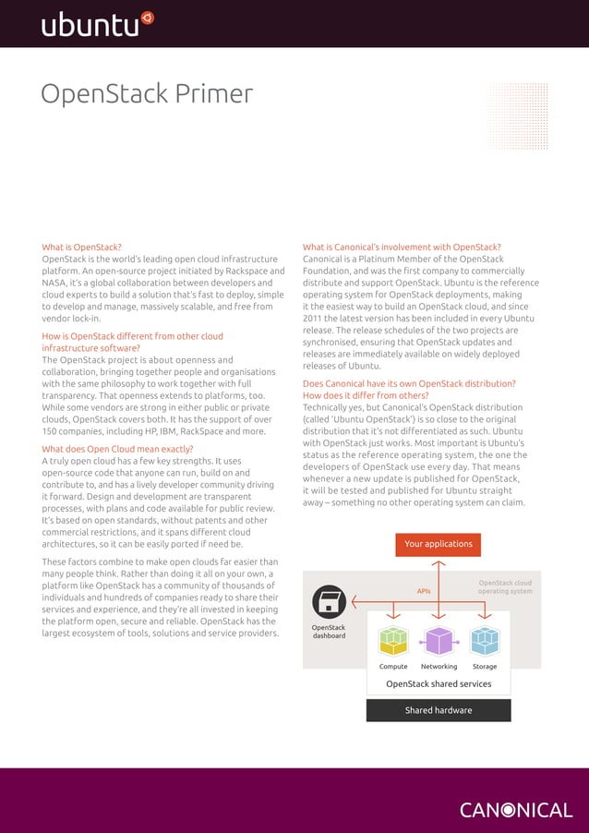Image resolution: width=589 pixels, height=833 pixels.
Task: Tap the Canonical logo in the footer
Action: point(516,810)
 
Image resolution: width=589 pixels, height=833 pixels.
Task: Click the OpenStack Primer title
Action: point(147,94)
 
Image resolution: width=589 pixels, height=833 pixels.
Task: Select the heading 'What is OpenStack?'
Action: point(81,247)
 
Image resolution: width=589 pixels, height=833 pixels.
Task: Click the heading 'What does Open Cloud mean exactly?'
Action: point(117,449)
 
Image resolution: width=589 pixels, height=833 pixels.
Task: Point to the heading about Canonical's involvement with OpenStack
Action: point(402,247)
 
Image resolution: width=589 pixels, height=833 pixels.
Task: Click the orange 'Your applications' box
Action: point(439,545)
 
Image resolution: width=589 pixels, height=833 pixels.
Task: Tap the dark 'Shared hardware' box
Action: point(439,710)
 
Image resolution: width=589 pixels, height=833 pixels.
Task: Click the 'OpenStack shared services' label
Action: point(439,684)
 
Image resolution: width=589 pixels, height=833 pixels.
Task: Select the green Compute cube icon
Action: point(393,640)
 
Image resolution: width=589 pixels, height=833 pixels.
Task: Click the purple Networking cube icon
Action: point(439,640)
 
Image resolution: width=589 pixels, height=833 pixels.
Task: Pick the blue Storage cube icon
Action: point(484,640)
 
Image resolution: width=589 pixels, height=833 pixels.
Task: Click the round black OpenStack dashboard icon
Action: point(329,602)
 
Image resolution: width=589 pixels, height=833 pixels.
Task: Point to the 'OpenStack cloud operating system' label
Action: point(504,587)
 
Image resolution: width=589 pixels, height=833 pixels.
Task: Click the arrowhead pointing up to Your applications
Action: point(439,565)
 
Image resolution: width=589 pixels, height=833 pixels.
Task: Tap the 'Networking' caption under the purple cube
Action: point(439,666)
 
